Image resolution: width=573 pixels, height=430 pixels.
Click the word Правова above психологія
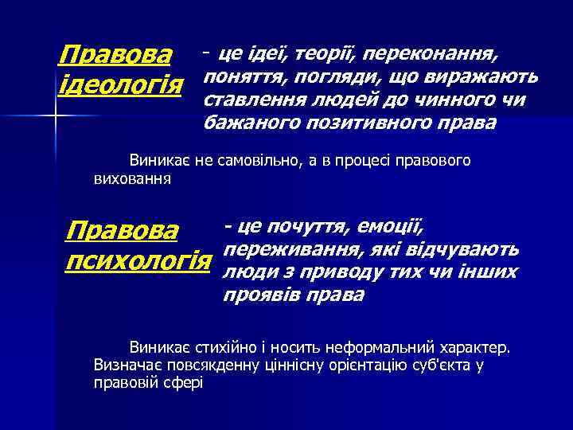pos(123,233)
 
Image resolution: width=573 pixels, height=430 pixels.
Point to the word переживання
pos(281,249)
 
